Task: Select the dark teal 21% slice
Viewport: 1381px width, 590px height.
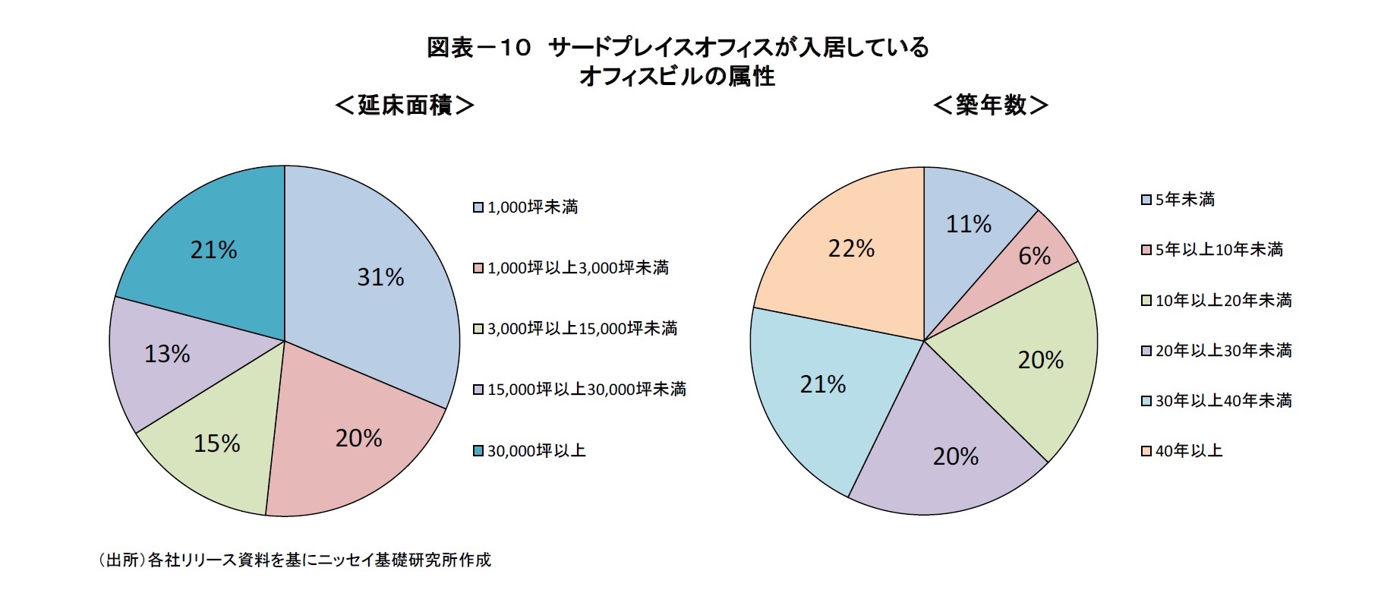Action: point(213,250)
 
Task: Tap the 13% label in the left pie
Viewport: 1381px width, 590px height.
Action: point(167,354)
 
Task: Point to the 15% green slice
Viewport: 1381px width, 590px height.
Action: point(216,443)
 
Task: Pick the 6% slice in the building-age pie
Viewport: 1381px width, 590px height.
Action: point(1035,256)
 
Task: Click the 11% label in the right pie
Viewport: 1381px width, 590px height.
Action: point(968,224)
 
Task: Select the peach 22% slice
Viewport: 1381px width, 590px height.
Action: point(851,248)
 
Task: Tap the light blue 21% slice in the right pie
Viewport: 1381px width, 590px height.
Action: point(823,385)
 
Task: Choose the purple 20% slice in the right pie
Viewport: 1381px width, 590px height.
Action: point(955,456)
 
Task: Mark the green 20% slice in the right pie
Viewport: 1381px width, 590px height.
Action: point(1040,360)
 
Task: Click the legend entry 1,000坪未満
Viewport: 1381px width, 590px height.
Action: point(531,207)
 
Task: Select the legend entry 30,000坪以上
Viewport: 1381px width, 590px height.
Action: point(536,451)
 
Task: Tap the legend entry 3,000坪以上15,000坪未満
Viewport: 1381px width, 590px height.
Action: point(582,329)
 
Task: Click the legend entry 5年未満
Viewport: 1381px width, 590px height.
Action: point(1184,200)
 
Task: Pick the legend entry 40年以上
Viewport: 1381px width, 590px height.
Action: point(1188,451)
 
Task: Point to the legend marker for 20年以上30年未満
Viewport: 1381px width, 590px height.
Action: point(1146,351)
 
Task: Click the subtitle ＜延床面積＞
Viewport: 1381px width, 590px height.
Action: point(405,105)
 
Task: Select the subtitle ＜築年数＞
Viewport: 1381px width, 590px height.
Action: point(991,105)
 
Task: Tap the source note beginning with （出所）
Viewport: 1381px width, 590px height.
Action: point(294,560)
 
